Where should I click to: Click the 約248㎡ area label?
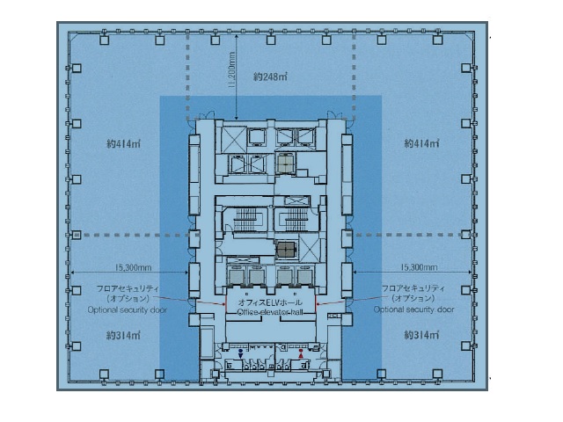tap(270, 77)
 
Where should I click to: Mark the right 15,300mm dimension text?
tap(420, 266)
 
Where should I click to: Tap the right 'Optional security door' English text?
tap(413, 310)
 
